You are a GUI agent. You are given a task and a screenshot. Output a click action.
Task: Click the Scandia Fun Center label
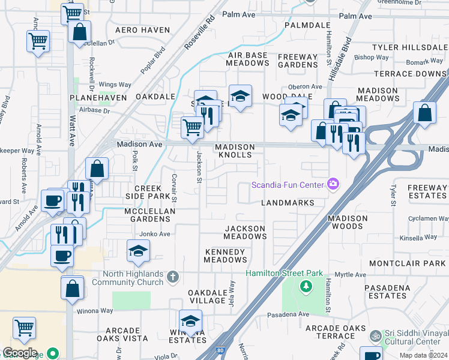click(x=288, y=184)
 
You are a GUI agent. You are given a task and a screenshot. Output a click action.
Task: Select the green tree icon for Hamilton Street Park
click(x=306, y=286)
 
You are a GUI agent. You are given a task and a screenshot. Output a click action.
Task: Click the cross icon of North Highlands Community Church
click(x=173, y=277)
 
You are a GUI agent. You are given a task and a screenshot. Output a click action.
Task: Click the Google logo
click(x=20, y=353)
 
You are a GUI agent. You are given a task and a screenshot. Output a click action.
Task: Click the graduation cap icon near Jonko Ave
click(x=139, y=251)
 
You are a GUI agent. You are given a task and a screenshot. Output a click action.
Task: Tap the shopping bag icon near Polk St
click(x=97, y=169)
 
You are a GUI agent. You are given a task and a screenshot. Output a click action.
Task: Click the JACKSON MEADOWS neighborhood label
click(x=245, y=232)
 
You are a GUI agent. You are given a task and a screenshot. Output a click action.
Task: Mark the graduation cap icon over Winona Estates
click(x=190, y=321)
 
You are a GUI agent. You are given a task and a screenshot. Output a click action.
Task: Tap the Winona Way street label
click(x=94, y=311)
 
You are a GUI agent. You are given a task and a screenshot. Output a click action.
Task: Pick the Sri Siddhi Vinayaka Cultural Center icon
click(x=376, y=335)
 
